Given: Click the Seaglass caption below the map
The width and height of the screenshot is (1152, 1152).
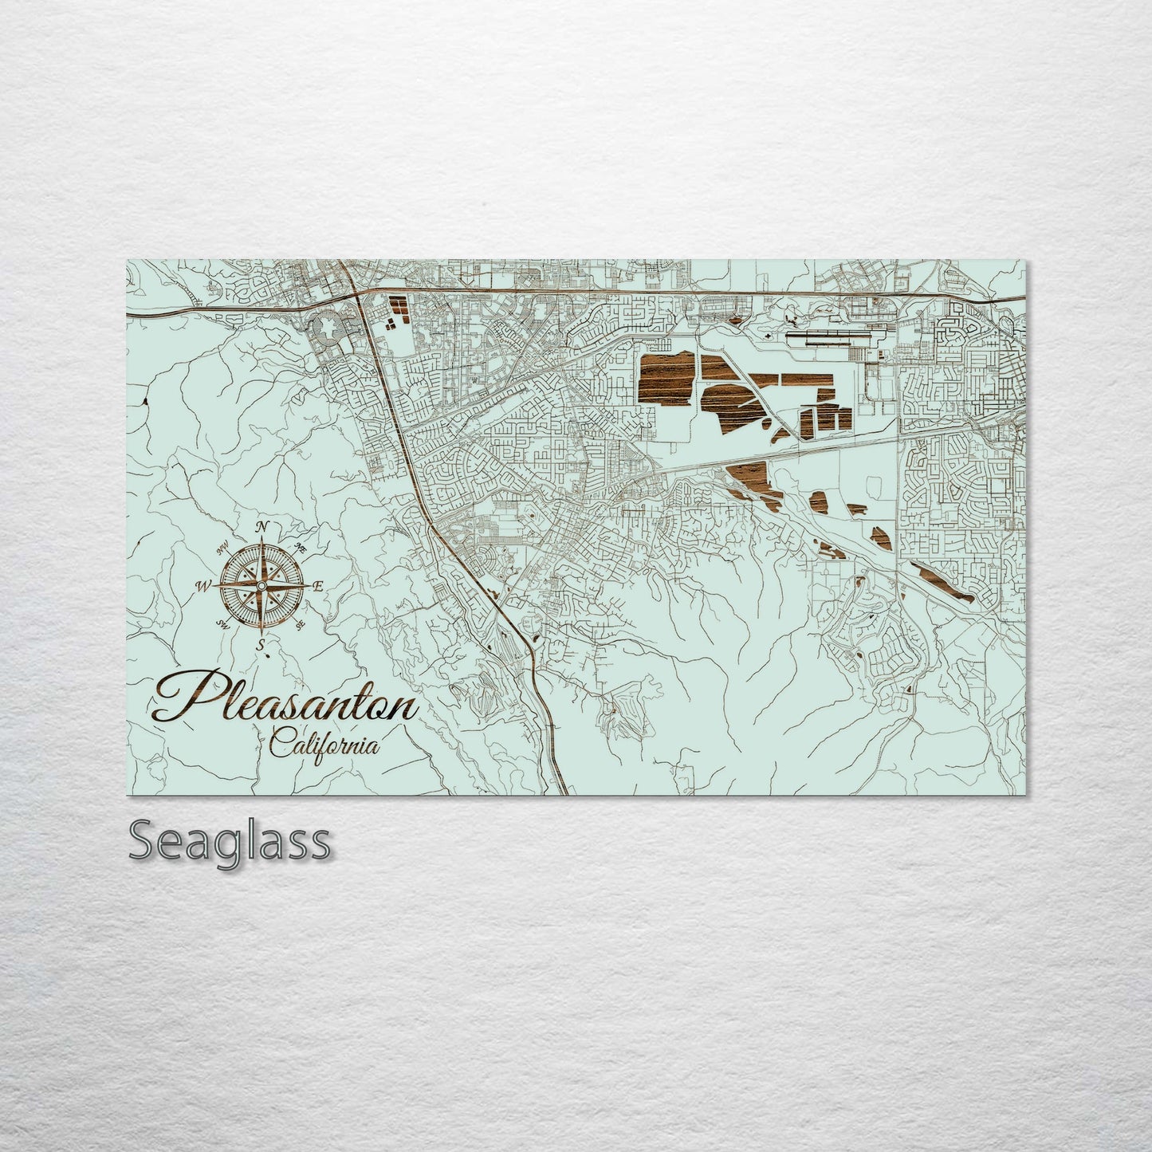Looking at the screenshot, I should click(230, 841).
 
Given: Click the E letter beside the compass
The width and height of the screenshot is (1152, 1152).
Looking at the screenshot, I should click(317, 587).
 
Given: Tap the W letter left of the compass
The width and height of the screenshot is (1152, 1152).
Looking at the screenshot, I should click(202, 587).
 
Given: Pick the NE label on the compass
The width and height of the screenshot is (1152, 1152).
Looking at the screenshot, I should click(301, 548).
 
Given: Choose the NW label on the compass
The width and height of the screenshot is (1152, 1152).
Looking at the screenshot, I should click(222, 545).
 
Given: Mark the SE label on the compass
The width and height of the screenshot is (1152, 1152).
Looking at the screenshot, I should click(301, 626).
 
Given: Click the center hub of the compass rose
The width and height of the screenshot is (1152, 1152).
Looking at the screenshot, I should click(261, 586).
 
